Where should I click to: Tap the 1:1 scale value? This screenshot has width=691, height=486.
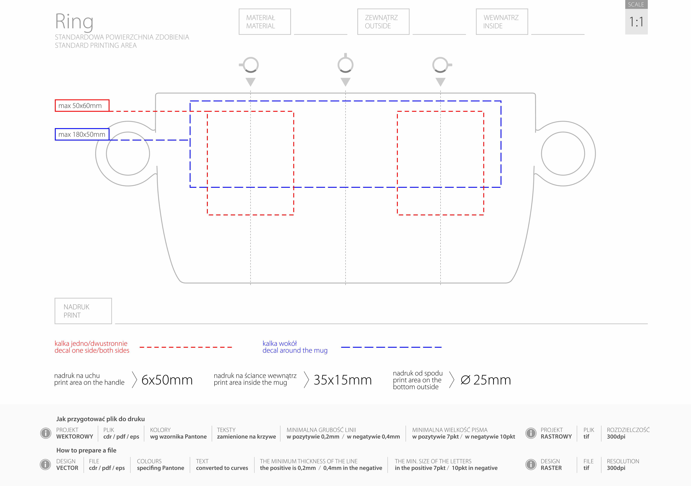point(636,22)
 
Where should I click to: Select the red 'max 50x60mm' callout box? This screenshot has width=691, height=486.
point(82,106)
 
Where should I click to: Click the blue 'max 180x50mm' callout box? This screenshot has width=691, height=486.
point(82,134)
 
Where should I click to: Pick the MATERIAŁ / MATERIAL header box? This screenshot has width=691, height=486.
point(265,22)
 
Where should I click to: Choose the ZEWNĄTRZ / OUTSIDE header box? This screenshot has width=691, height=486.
point(383,22)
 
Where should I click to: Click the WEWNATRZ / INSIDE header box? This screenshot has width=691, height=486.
point(502,22)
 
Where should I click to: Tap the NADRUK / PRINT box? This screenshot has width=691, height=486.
point(83,311)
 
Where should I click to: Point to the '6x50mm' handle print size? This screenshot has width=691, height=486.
point(167,380)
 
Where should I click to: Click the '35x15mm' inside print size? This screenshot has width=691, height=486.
point(343,380)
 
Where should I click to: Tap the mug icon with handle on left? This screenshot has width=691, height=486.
point(249,65)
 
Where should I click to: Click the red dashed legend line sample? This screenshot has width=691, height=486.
point(186,347)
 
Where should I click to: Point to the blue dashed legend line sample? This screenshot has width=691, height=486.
point(391,347)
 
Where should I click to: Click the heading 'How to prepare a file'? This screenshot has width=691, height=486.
point(86,450)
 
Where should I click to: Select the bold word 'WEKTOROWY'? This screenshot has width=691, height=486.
point(75,437)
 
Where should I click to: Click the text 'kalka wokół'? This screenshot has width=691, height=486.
point(280,343)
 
